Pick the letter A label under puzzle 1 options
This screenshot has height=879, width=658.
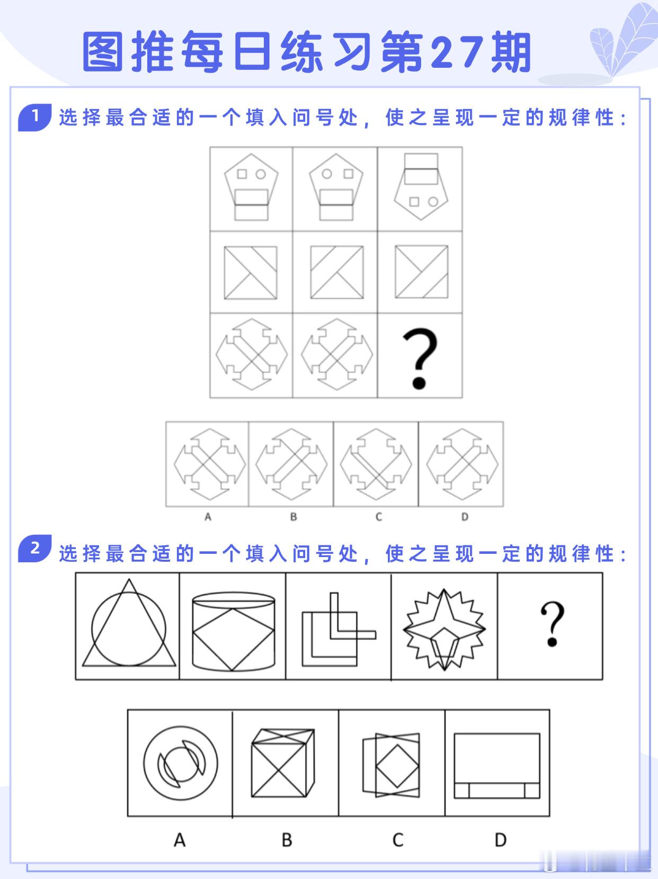pos(208,517)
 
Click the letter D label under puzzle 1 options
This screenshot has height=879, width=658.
pos(465,517)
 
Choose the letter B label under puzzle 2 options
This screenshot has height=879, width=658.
pos(287,840)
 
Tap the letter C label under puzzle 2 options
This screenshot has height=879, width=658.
pos(398,840)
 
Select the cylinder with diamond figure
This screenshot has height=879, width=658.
pos(233,630)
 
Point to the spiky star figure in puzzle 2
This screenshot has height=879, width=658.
pos(444,627)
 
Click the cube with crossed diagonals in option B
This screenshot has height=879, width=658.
pos(283,763)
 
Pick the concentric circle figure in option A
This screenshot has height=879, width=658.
pos(180,763)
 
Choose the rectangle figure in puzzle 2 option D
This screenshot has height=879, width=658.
pos(497,766)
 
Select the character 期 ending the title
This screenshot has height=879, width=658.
pos(511,53)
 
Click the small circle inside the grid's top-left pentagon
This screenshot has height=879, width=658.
pos(261,174)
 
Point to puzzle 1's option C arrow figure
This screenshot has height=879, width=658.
pos(376,464)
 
